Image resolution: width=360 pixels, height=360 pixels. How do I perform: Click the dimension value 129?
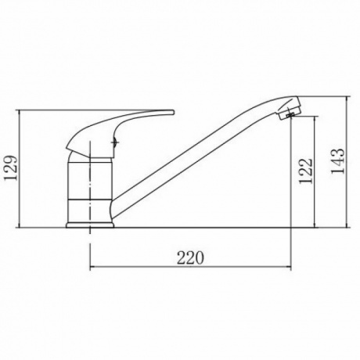click(x=11, y=167)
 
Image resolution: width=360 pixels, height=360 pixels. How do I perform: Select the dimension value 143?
click(x=337, y=161)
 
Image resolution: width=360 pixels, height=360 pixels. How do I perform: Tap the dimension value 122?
click(x=305, y=171)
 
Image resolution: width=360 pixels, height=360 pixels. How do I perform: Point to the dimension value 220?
click(x=190, y=258)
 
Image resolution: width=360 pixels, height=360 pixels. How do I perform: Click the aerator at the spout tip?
click(x=290, y=114)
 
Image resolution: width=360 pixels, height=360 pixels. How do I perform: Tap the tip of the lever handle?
click(x=172, y=112)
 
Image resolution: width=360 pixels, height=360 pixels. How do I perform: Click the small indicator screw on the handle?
click(x=116, y=142)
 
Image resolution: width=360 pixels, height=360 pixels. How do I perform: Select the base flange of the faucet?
click(x=90, y=225)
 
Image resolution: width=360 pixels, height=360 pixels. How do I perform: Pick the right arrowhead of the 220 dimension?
click(x=288, y=267)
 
